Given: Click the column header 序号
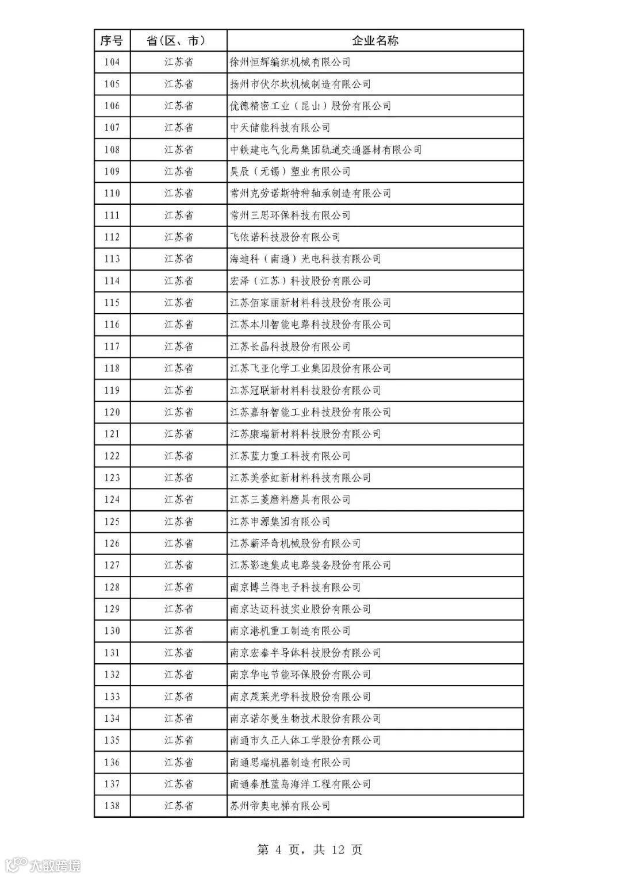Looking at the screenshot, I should (x=112, y=40).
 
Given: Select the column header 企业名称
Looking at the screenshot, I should (x=375, y=40).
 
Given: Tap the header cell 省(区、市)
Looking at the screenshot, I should (x=178, y=40).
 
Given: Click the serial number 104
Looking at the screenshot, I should (x=112, y=62).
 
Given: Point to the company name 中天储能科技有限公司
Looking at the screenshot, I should (x=280, y=128).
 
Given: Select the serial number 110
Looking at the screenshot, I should (x=112, y=193).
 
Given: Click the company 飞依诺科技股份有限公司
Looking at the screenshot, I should (x=285, y=237).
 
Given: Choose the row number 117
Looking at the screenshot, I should (x=112, y=347).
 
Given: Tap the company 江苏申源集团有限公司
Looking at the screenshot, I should (x=280, y=521).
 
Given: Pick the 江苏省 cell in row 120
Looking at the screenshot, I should (x=178, y=412).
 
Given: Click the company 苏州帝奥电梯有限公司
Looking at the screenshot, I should (x=280, y=806).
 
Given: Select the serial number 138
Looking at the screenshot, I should (x=112, y=806).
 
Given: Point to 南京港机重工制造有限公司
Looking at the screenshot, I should (x=290, y=631).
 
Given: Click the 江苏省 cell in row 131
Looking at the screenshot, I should (x=178, y=653).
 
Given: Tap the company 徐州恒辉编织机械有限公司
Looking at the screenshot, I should (x=290, y=62).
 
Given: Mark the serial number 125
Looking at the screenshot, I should (x=112, y=521).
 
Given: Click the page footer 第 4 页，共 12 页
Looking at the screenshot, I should (x=309, y=849).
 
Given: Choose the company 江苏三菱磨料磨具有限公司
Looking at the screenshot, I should (x=290, y=499).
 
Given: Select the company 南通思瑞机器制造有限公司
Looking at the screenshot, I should (x=290, y=762).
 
